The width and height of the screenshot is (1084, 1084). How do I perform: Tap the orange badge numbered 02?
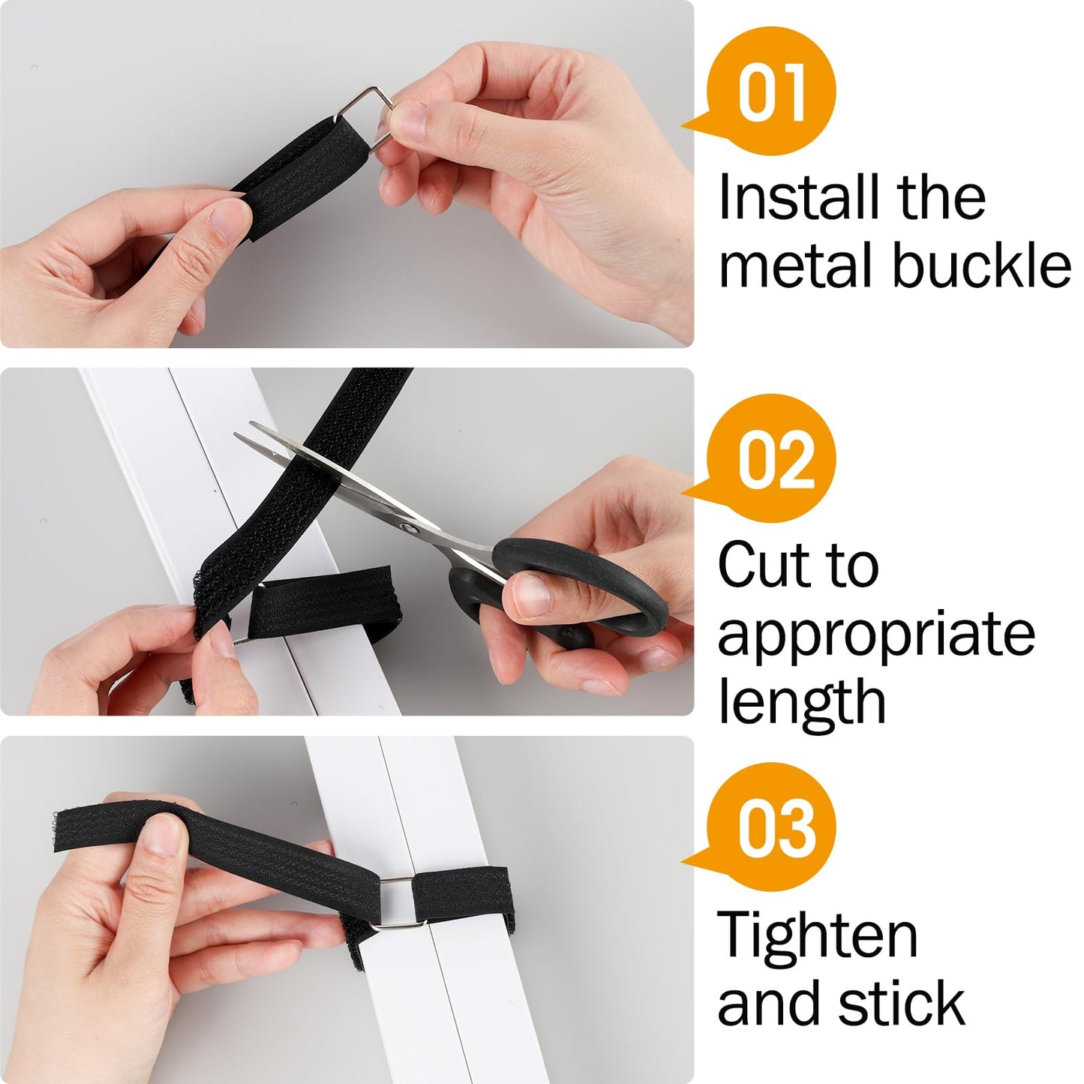(x=773, y=459)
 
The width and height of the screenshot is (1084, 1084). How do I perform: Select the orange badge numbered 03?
(x=773, y=827)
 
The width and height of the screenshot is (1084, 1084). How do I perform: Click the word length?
(x=801, y=701)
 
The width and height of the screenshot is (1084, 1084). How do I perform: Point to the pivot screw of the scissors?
(x=410, y=527)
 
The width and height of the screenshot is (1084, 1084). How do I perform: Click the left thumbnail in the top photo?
(x=230, y=218)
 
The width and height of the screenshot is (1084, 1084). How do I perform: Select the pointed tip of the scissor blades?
(x=239, y=435)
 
